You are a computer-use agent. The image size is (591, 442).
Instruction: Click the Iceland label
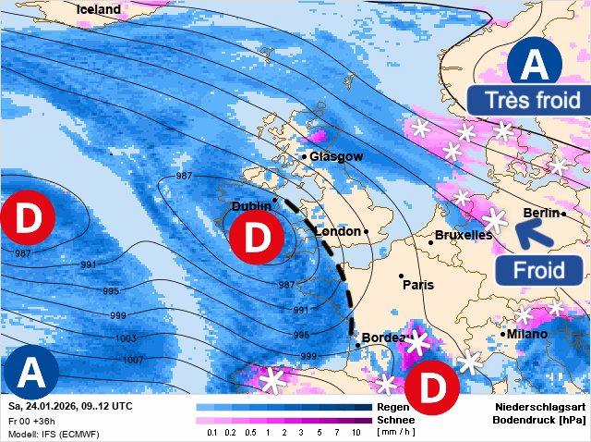click(99, 9)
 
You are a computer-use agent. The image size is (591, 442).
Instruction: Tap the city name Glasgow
click(336, 156)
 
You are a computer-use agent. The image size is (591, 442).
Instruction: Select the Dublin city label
click(251, 207)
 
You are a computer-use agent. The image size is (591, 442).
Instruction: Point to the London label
click(338, 231)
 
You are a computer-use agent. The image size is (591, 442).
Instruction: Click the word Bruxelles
click(464, 236)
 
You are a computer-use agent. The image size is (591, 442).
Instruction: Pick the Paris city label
click(418, 285)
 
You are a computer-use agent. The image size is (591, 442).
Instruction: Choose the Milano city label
click(527, 334)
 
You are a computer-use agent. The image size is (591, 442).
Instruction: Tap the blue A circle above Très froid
click(534, 65)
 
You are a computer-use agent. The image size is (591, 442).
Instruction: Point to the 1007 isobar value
click(133, 359)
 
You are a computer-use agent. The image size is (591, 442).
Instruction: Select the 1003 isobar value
click(125, 338)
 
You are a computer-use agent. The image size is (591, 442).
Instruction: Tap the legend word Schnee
click(396, 419)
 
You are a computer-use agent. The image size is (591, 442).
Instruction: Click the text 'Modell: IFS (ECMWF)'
click(54, 434)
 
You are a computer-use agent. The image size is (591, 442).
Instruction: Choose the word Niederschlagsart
click(539, 407)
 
